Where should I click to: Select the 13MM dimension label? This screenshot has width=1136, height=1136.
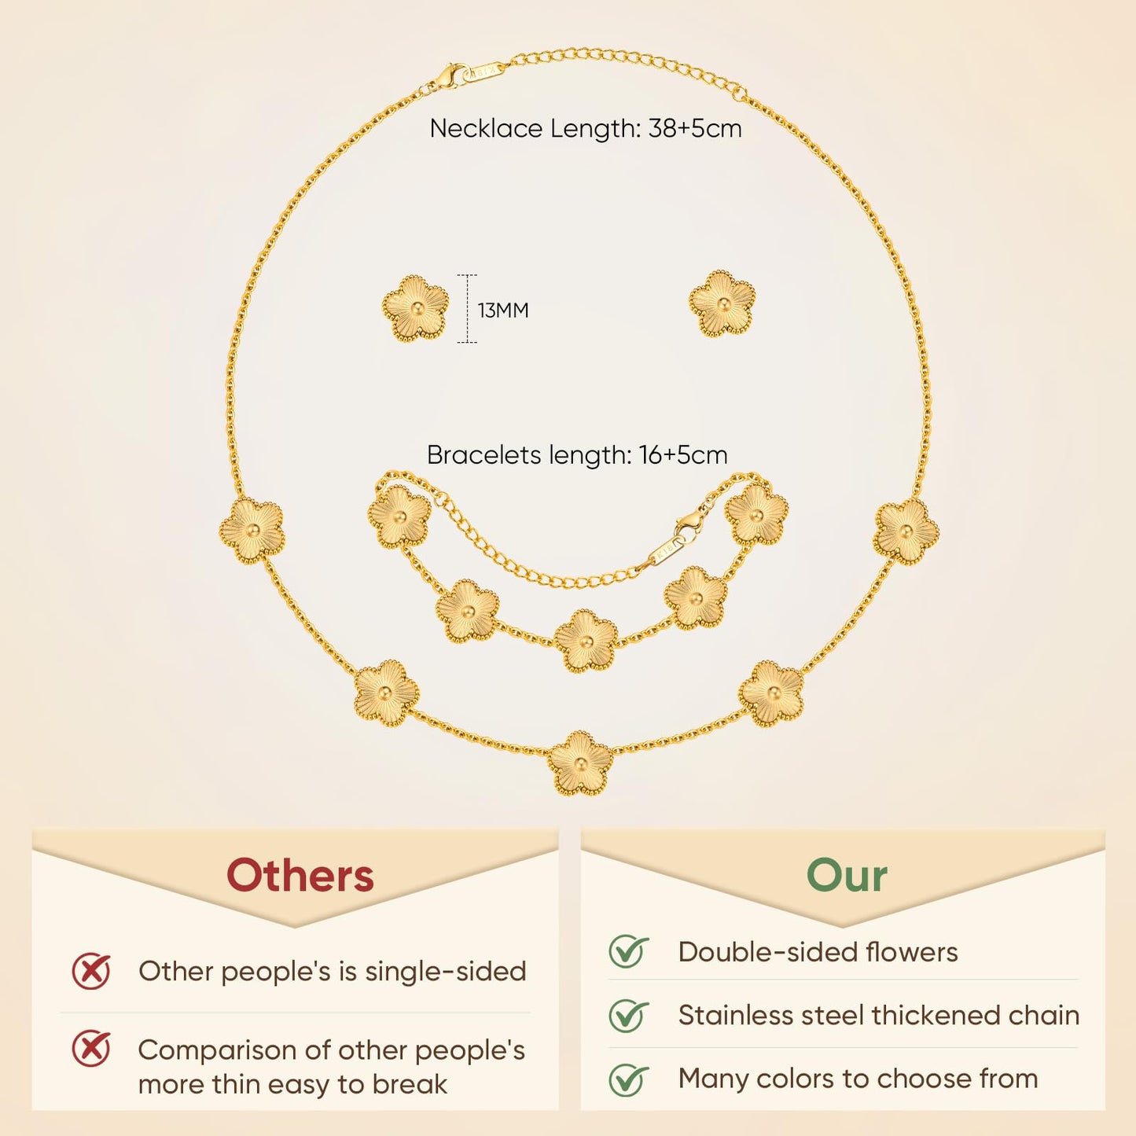coord(503,310)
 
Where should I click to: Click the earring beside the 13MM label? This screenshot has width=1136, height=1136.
coord(415,308)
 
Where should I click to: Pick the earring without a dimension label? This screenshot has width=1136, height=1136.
coord(722,304)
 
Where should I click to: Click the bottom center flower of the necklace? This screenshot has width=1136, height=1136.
coord(580,763)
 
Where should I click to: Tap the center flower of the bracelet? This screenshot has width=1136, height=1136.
coord(586,641)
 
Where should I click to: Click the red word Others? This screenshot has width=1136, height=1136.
coord(300,877)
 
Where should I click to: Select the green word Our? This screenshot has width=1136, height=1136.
coord(847,877)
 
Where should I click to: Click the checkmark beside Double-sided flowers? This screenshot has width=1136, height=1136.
coord(628,951)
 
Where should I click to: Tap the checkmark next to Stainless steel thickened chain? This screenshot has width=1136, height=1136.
coord(628,1015)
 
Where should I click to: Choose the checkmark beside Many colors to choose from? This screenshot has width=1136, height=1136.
coord(628,1079)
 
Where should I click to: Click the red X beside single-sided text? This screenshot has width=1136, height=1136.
coord(90,972)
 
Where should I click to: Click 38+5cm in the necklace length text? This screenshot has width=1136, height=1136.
coord(695,128)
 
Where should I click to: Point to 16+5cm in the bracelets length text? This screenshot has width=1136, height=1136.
coord(683,455)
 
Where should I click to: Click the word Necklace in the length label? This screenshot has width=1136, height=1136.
coord(486,128)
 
